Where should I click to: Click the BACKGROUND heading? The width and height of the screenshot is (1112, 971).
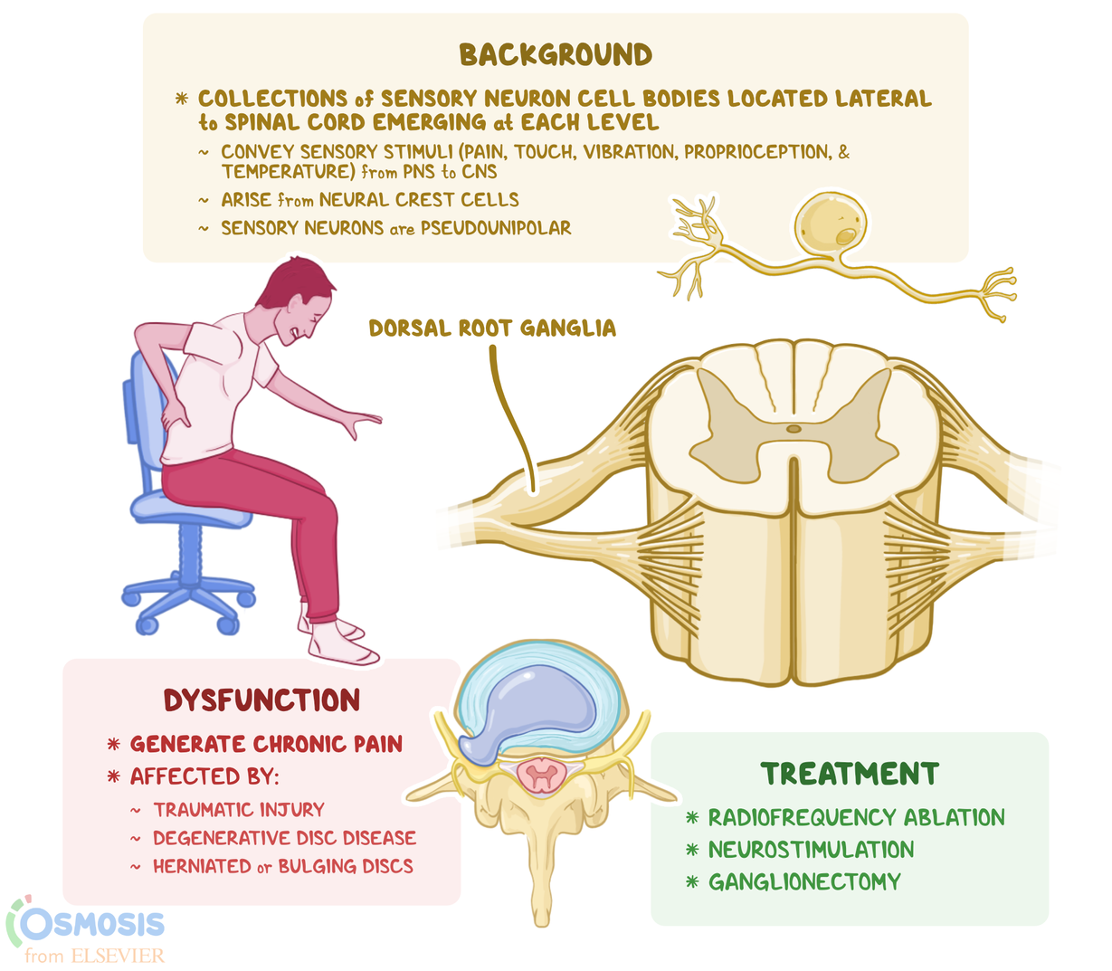click(x=556, y=55)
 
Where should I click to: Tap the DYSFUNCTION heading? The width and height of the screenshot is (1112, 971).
click(x=261, y=700)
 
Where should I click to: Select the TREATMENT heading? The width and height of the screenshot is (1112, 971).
click(x=850, y=774)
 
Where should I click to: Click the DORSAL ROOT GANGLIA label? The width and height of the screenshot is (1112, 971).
click(x=492, y=328)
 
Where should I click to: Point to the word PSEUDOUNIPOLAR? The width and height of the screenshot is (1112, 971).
click(x=496, y=228)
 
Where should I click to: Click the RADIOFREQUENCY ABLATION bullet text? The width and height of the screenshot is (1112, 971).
click(x=856, y=818)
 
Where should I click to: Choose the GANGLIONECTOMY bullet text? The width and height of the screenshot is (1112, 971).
click(x=804, y=881)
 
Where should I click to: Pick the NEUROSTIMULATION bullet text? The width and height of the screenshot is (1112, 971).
click(x=811, y=850)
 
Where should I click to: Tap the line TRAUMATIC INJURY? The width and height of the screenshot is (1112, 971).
click(x=238, y=810)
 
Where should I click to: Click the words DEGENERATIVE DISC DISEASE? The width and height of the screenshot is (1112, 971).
click(x=284, y=838)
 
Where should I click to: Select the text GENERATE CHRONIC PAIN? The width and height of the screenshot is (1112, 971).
click(x=266, y=744)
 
